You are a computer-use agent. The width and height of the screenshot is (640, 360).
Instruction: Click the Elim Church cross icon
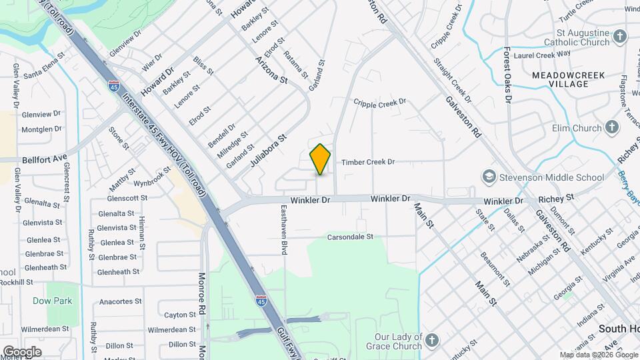613,127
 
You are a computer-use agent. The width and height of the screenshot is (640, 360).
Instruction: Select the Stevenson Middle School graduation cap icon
490,177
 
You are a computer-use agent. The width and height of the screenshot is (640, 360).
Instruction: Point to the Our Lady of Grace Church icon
432,341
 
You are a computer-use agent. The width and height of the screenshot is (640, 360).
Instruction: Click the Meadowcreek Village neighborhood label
569,79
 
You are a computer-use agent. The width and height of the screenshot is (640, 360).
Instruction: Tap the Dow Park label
52,301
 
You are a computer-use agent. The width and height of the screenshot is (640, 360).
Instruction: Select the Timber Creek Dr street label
368,162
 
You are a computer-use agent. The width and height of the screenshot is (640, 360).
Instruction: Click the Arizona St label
271,70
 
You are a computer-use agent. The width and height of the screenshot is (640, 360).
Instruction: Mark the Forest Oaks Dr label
507,74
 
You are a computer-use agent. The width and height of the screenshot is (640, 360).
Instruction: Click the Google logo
22,351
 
